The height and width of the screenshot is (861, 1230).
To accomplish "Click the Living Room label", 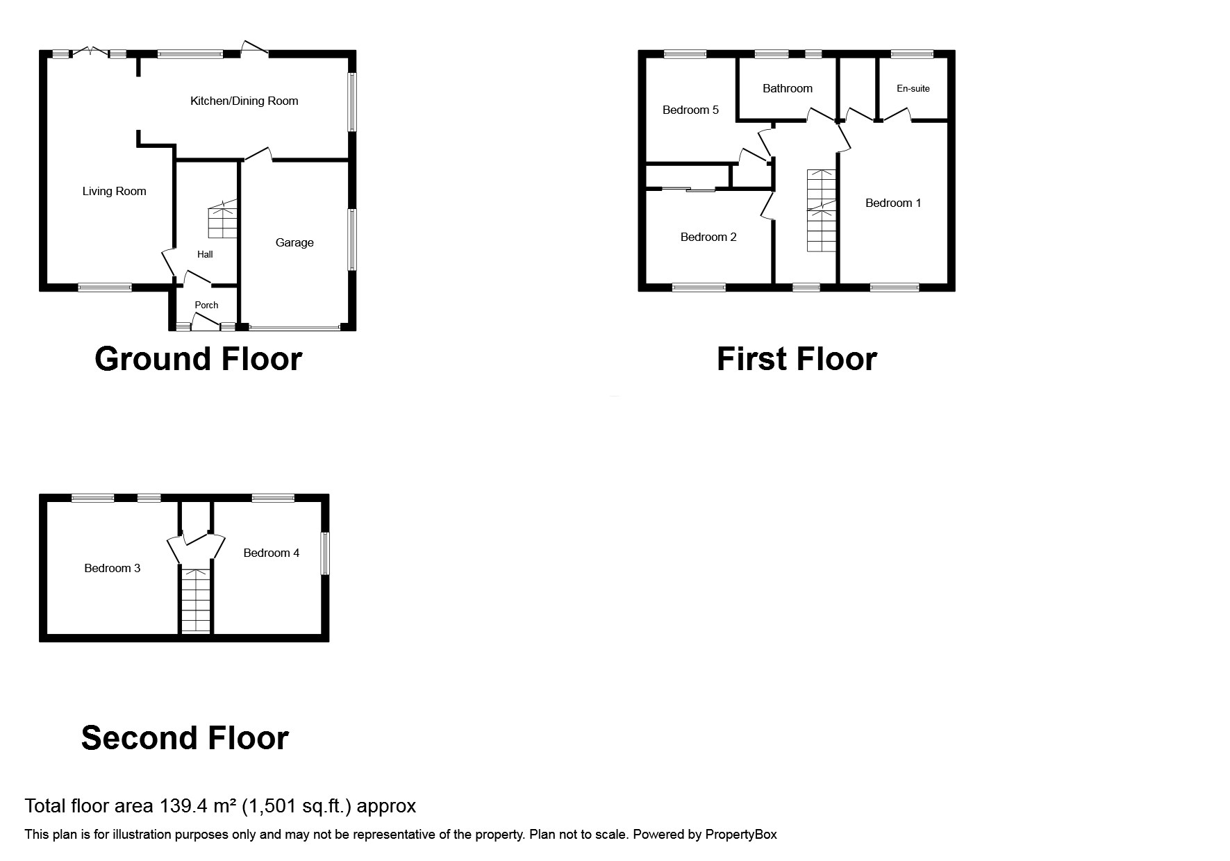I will pyautogui.click(x=114, y=192).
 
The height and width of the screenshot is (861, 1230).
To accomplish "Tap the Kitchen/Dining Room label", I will pyautogui.click(x=244, y=101).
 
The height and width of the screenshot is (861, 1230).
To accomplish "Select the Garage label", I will pyautogui.click(x=294, y=243).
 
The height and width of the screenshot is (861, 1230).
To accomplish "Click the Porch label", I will pyautogui.click(x=206, y=306).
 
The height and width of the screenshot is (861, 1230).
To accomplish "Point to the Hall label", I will pyautogui.click(x=205, y=255).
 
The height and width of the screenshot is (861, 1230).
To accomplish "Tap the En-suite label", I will pyautogui.click(x=913, y=89).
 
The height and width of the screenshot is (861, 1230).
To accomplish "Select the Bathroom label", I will pyautogui.click(x=787, y=89).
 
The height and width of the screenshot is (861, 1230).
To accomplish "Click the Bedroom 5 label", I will pyautogui.click(x=690, y=110).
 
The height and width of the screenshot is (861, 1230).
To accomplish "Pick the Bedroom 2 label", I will pyautogui.click(x=708, y=237).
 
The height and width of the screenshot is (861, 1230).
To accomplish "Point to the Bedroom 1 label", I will pyautogui.click(x=892, y=203).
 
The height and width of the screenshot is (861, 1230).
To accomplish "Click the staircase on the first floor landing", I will pyautogui.click(x=822, y=210).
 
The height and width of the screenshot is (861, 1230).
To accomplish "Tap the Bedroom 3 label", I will pyautogui.click(x=112, y=569).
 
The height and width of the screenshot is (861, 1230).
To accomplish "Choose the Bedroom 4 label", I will pyautogui.click(x=271, y=553).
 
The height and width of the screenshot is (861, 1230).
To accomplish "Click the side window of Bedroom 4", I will pyautogui.click(x=324, y=553).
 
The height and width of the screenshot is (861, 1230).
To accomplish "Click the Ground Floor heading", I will pyautogui.click(x=198, y=360).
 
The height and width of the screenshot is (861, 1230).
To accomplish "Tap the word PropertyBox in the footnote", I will pyautogui.click(x=740, y=835).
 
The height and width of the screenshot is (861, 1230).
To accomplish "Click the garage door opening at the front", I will pyautogui.click(x=294, y=327).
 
